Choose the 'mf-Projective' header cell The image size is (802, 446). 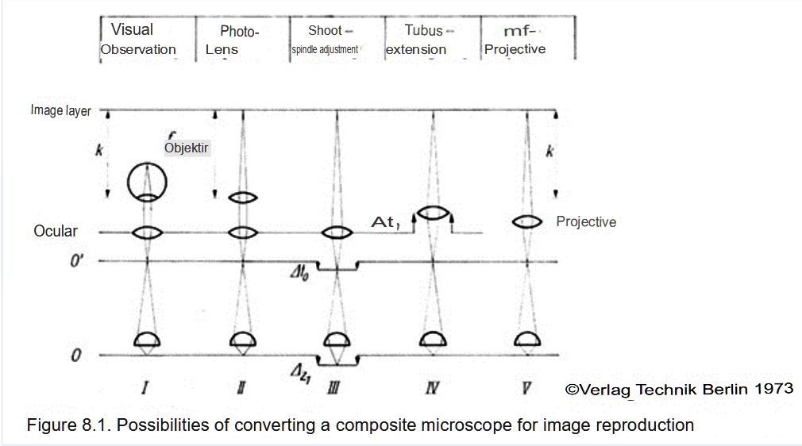coord(519,40)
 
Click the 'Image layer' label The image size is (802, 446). coord(60,110)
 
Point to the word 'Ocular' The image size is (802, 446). coord(56,231)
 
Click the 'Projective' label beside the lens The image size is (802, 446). coord(586,222)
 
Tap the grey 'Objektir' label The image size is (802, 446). coord(187,148)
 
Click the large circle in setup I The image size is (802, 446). coord(148,182)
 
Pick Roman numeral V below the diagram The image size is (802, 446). coord(527,388)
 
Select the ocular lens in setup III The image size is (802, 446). coord(337,233)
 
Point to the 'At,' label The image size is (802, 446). coord(387,224)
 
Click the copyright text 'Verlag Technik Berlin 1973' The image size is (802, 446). coord(679,389)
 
